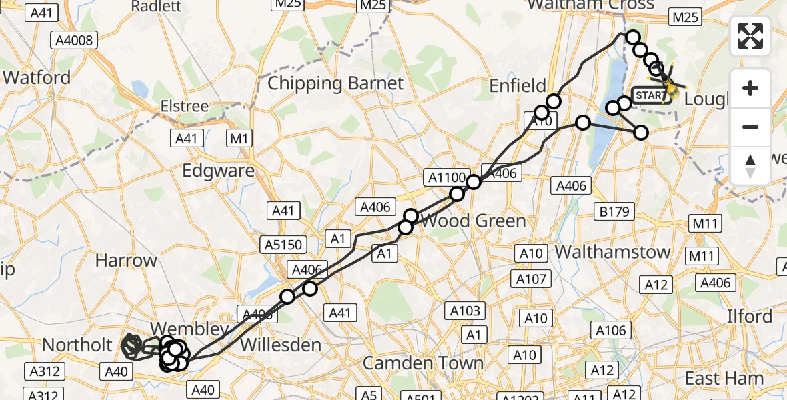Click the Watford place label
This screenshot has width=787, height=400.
(x=37, y=77)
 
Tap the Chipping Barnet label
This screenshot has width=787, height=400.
(x=335, y=83)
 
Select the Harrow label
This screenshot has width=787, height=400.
(x=126, y=260)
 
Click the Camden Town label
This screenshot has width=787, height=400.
(x=423, y=363)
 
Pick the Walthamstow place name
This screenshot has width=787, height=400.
(x=612, y=252)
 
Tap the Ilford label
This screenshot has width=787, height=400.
(x=750, y=315)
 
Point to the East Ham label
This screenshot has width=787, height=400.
(x=724, y=378)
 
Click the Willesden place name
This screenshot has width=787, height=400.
(x=280, y=345)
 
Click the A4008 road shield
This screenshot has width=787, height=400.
(x=74, y=40)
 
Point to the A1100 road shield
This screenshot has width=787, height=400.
(x=446, y=177)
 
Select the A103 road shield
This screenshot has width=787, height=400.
(x=466, y=310)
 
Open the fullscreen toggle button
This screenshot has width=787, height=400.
(x=750, y=36)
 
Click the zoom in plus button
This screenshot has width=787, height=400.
(x=750, y=88)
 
